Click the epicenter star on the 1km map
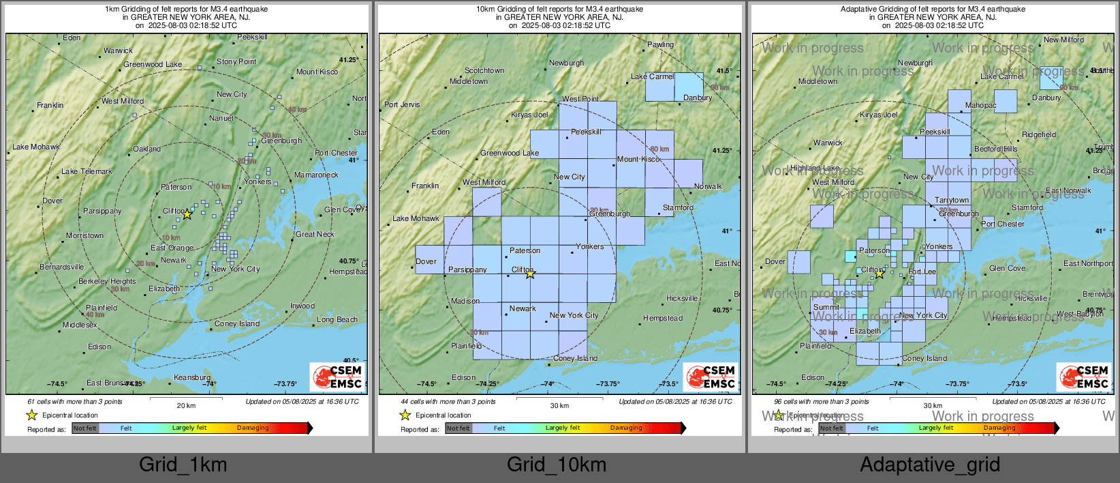(x=187, y=214)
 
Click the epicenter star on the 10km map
(x=530, y=274)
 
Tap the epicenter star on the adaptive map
(x=880, y=274)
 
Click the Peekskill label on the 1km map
(x=252, y=37)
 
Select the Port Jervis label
(x=402, y=104)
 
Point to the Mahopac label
(x=980, y=105)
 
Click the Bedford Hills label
(x=995, y=149)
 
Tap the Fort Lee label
(x=922, y=272)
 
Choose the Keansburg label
(x=192, y=377)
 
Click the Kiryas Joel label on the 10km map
(x=529, y=115)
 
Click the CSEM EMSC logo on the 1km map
(x=338, y=377)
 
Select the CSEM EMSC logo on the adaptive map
(x=1084, y=377)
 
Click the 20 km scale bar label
(x=186, y=405)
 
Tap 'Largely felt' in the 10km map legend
(x=562, y=428)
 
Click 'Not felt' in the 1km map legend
(x=85, y=428)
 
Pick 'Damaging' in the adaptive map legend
(x=999, y=428)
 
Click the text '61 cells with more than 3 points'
(x=75, y=401)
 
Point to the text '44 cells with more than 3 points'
(x=448, y=401)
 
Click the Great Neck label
(x=315, y=234)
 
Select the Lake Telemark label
(x=87, y=171)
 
